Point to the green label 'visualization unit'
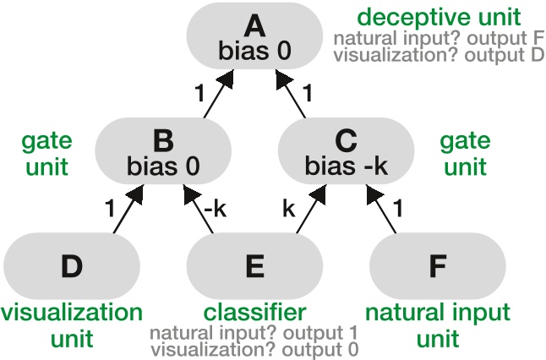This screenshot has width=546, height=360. point(60,325)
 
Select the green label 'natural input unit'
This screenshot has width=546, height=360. point(437,325)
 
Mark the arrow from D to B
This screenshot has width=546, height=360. point(124,208)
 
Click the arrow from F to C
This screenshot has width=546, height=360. point(383,208)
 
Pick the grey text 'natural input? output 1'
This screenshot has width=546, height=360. point(254,332)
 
